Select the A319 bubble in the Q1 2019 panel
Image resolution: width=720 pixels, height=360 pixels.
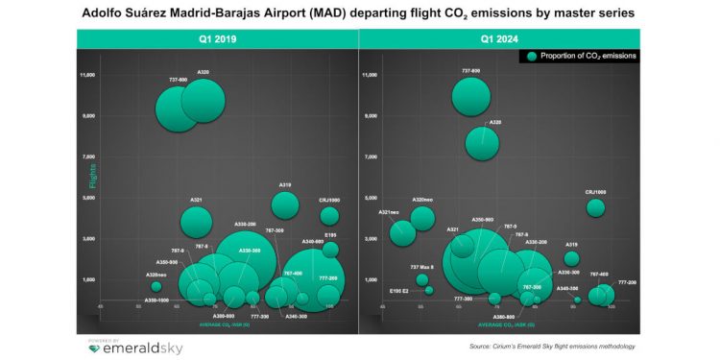[x=285, y=204]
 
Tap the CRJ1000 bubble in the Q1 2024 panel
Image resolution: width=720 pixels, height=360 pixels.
[x=595, y=207]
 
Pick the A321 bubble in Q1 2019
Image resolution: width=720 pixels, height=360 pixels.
[x=196, y=222]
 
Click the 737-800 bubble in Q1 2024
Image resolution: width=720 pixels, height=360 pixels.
[x=470, y=95]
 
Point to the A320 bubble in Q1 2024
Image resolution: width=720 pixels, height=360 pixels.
[x=482, y=143]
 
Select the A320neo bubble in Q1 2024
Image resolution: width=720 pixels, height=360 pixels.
[x=422, y=218]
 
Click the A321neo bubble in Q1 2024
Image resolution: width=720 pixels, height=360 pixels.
[x=402, y=233]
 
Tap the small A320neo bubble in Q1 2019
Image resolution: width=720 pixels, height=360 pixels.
[x=156, y=286]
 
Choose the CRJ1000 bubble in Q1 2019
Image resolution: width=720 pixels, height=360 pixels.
[x=329, y=216]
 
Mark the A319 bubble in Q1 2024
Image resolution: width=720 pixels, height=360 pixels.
[x=571, y=258]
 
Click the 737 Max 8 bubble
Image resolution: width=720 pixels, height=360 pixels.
[x=422, y=279]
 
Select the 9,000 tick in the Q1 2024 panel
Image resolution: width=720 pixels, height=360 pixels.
[x=371, y=116]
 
